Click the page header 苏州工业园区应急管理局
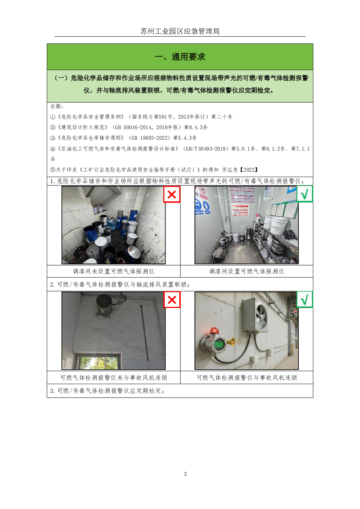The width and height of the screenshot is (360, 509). [x=180, y=31]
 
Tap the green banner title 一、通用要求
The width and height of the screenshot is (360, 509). [x=180, y=57]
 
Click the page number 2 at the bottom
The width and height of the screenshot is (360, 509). [x=185, y=474]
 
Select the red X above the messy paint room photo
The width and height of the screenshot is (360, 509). [x=172, y=194]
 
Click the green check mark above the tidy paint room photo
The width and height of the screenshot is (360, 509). [x=304, y=194]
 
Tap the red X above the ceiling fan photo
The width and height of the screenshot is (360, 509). [x=172, y=300]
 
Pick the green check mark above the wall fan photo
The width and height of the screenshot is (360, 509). [x=304, y=300]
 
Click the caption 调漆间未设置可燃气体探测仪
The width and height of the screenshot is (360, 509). [x=114, y=271]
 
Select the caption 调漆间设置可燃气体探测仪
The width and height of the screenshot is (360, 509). [x=246, y=271]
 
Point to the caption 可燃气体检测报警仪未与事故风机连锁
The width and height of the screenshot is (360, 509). [x=114, y=378]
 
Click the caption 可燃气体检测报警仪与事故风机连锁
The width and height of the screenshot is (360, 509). [x=246, y=378]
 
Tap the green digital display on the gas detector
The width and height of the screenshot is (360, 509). [x=219, y=345]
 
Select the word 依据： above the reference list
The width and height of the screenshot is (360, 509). [x=57, y=106]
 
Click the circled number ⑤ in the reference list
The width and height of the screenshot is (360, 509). [x=53, y=170]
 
